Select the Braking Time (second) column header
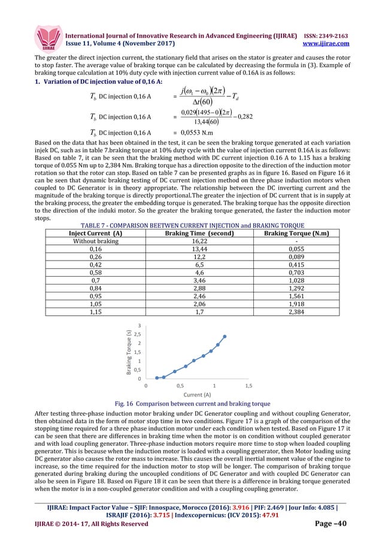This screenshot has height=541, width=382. tap(190, 234)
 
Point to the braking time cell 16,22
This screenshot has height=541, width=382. tap(190, 241)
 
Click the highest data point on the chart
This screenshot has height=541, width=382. tap(225, 336)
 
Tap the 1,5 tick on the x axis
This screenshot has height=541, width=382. tap(248, 386)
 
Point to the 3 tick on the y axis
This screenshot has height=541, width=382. tap(140, 325)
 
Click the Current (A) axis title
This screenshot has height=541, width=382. tap(196, 395)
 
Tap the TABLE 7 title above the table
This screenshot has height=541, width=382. tap(190, 226)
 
